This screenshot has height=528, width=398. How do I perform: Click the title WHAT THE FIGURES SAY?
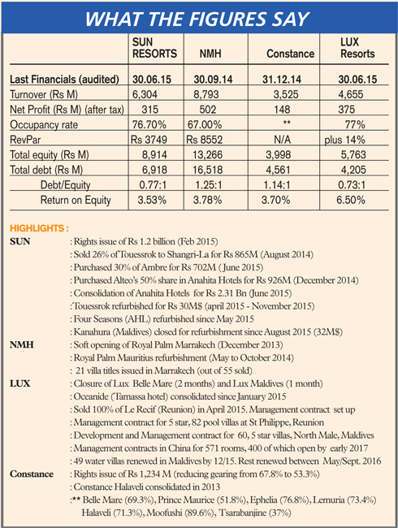(197, 19)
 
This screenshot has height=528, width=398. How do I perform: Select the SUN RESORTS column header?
(154, 48)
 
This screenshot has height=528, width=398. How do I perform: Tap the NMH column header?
(210, 54)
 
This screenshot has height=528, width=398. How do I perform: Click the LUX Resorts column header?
(357, 48)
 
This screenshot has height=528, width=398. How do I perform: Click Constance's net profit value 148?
(282, 110)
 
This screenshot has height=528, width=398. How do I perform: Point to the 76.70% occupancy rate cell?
(149, 124)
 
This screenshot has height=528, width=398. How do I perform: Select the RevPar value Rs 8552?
(205, 140)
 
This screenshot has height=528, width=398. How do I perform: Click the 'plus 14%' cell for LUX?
(345, 140)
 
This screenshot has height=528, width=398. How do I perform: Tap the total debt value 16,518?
(207, 170)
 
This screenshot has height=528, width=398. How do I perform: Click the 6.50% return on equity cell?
(351, 200)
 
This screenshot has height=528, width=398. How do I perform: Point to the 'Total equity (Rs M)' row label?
(50, 154)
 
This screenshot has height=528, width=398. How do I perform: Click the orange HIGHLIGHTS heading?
(39, 228)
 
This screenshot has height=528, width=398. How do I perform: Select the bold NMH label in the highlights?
(22, 344)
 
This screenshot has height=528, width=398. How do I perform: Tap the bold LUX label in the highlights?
(19, 383)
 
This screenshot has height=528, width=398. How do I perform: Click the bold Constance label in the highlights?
(32, 474)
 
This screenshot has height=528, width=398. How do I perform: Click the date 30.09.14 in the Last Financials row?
(213, 80)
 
